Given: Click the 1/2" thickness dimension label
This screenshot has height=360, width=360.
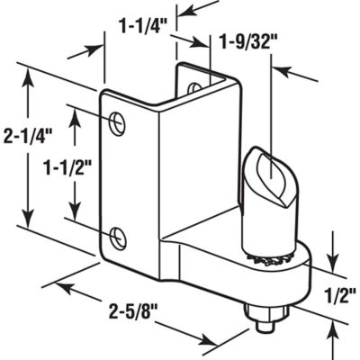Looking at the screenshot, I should (335, 292).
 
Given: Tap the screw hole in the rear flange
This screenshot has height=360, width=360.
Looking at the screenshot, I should (194, 87).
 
